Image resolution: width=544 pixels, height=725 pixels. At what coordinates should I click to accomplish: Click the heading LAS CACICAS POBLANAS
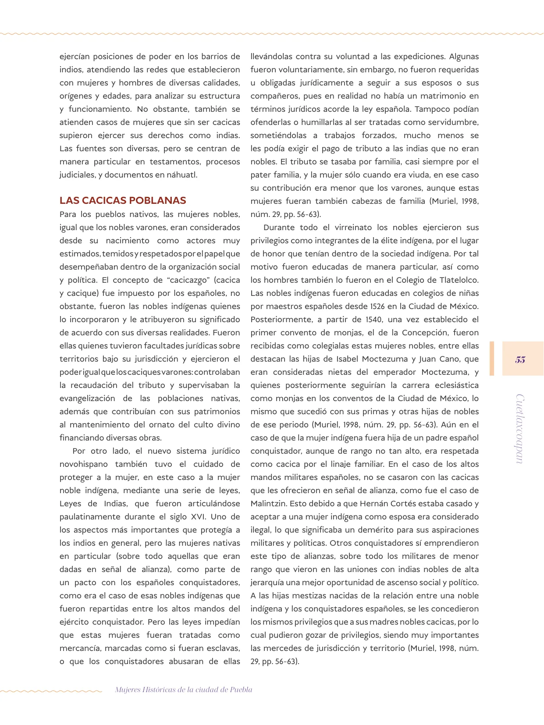tap(123, 201)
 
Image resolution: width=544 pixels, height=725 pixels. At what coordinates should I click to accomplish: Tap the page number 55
tap(520, 359)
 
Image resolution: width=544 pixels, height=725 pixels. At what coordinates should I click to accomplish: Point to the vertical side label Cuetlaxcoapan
tap(520, 429)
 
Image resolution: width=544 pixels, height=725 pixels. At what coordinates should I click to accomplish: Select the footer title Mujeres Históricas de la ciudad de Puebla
tap(184, 689)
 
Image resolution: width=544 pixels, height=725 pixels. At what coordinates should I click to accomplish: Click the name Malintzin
tap(269, 504)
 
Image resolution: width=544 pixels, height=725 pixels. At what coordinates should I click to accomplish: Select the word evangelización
tap(87, 398)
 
